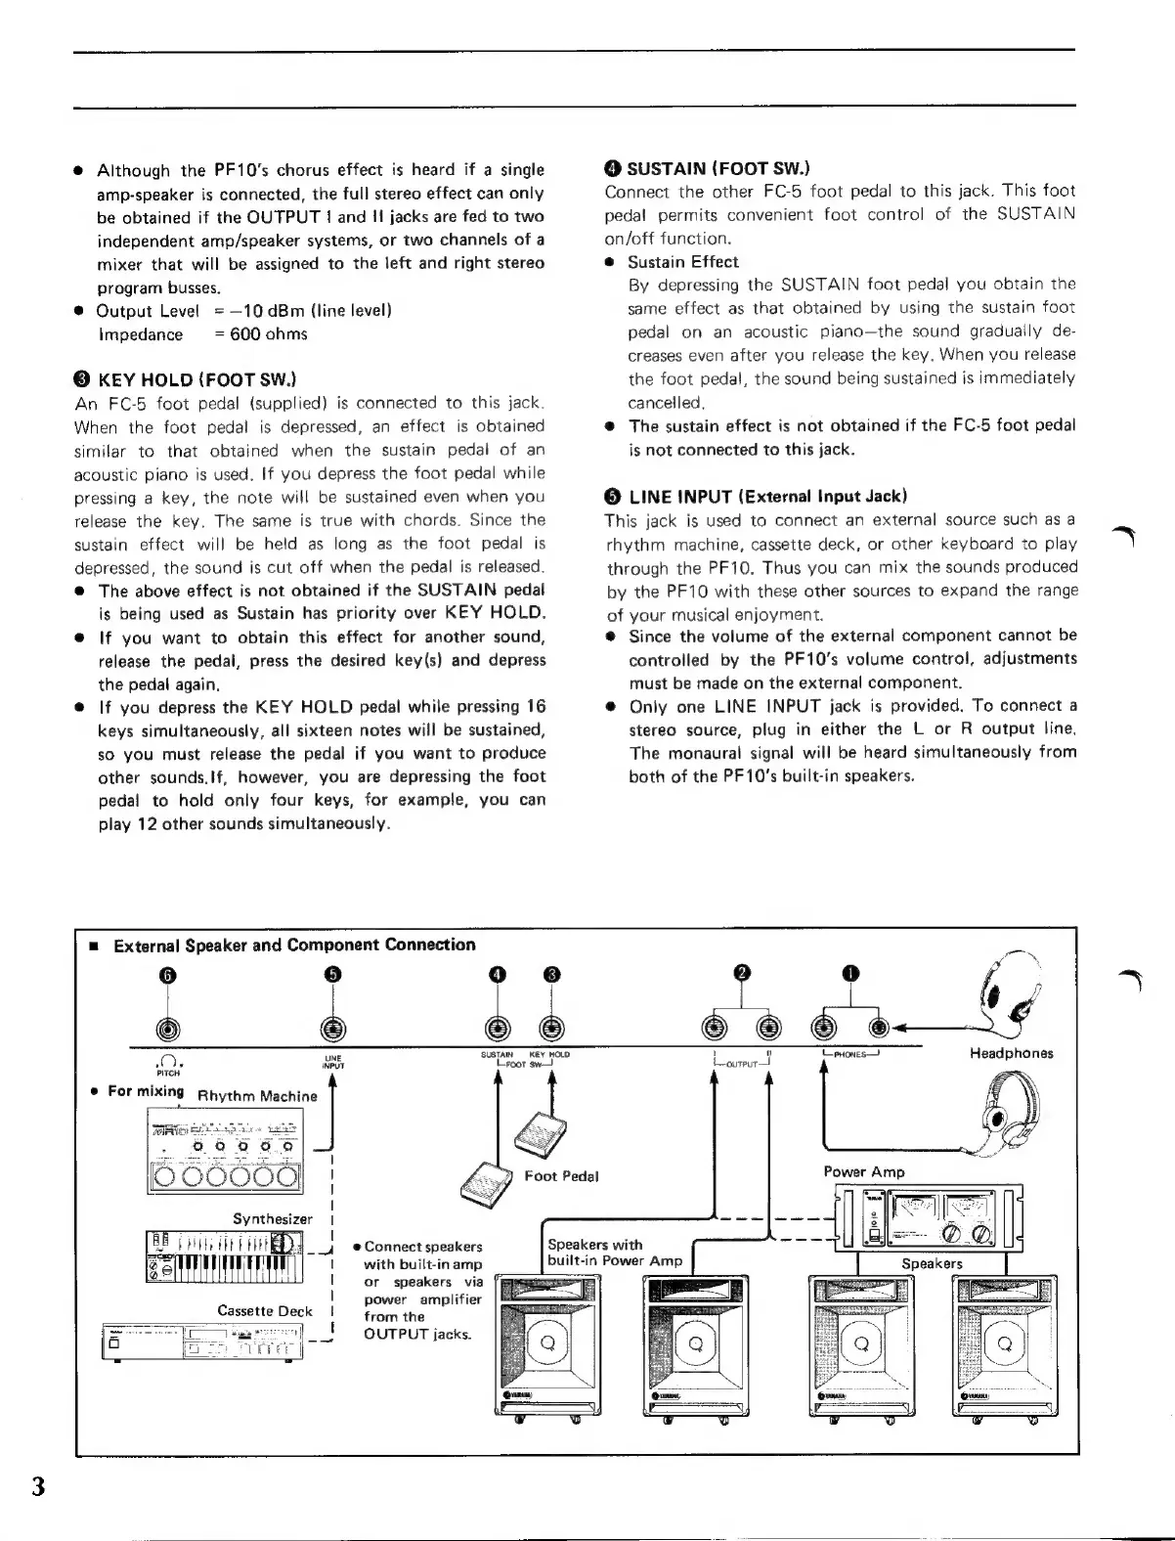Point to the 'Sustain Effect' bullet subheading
point(682,262)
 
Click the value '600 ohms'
point(269,334)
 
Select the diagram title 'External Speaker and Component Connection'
point(294,945)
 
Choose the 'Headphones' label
point(1011,1053)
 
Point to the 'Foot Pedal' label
point(561,1175)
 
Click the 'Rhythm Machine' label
point(257,1096)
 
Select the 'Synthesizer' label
point(273,1218)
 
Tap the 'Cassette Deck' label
point(265,1311)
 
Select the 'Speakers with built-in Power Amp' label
point(614,1253)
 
